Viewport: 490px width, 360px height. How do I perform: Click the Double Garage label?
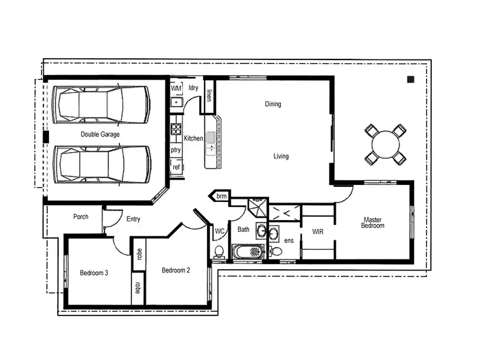click(x=100, y=134)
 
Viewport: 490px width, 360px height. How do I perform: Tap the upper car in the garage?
click(x=103, y=104)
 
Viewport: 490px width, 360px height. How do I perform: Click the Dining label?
click(x=273, y=104)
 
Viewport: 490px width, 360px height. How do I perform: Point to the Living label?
click(x=281, y=156)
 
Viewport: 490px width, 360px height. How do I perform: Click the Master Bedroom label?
click(x=373, y=222)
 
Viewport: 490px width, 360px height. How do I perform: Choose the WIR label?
click(x=318, y=232)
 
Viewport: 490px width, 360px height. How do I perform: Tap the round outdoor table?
click(x=384, y=143)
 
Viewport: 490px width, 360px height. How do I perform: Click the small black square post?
click(x=410, y=80)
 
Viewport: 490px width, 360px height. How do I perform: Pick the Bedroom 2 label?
click(x=176, y=270)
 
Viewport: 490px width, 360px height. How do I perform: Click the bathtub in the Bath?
click(x=249, y=251)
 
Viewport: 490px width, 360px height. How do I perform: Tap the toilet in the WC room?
click(x=220, y=252)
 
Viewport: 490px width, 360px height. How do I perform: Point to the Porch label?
click(x=81, y=217)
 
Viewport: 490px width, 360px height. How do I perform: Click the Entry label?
click(x=133, y=219)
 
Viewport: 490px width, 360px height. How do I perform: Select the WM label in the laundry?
click(x=176, y=88)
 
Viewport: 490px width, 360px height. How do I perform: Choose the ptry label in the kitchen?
click(x=176, y=150)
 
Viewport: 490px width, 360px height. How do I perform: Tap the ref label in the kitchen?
click(x=176, y=167)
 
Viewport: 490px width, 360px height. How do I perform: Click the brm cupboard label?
click(x=221, y=196)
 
